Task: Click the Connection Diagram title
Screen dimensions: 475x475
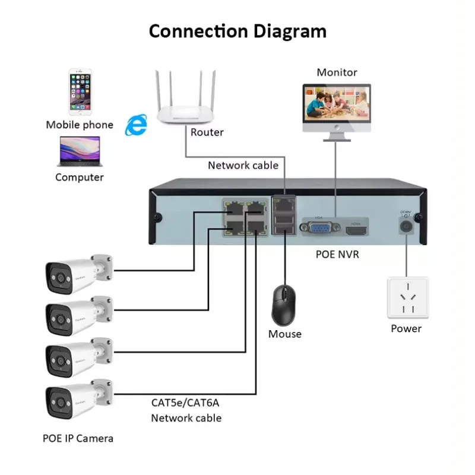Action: click(x=237, y=30)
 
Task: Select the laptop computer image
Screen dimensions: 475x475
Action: click(x=79, y=151)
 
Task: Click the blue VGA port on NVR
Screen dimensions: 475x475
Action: click(x=321, y=228)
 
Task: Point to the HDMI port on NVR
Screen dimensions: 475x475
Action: click(x=357, y=227)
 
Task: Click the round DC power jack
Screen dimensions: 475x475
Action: click(x=407, y=226)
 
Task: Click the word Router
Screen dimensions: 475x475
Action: click(x=207, y=132)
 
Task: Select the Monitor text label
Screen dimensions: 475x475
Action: click(x=337, y=72)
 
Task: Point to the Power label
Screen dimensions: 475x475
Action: click(x=406, y=328)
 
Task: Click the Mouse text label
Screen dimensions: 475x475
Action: click(x=285, y=334)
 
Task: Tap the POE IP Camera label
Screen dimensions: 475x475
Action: click(x=78, y=438)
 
